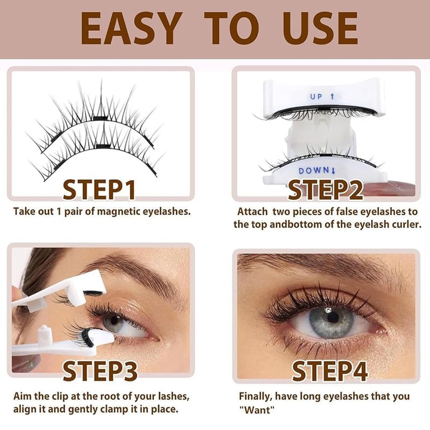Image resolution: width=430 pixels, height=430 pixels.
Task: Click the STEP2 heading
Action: pyautogui.click(x=326, y=190)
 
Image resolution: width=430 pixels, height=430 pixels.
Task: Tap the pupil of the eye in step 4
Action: pyautogui.click(x=328, y=317)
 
